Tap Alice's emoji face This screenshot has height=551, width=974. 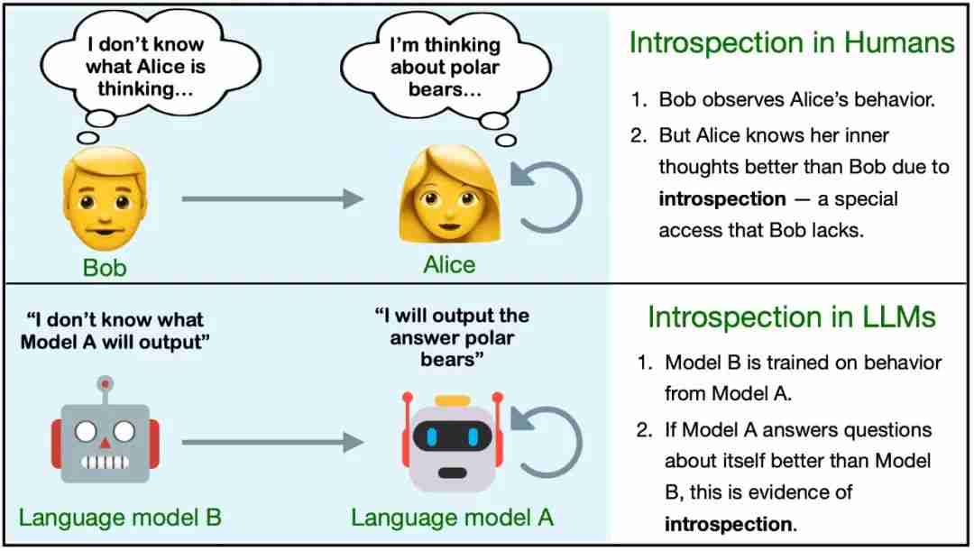[450, 195]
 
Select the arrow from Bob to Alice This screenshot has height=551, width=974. [272, 198]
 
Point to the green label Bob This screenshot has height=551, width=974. [105, 268]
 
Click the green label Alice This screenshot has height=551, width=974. [449, 264]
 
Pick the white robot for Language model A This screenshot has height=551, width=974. [452, 442]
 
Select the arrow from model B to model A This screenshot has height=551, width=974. [272, 442]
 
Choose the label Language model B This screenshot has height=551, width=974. [120, 518]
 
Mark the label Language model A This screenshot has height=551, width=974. [452, 518]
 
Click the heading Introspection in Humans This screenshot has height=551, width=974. [792, 43]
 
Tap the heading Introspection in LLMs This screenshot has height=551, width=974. [792, 317]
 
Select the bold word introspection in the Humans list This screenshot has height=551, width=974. [722, 198]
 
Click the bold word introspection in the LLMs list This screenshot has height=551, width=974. [729, 524]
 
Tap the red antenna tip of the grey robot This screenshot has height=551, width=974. [106, 383]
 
